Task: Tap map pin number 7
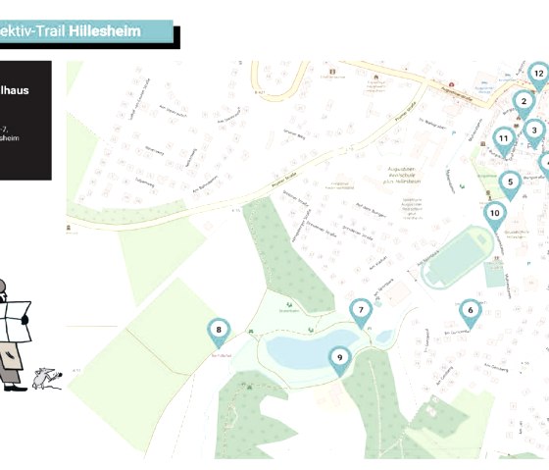[x=361, y=311]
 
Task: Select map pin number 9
[x=339, y=358]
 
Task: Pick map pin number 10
[x=494, y=213]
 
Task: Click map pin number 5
[x=510, y=182]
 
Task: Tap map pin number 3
[x=533, y=130]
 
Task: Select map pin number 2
[x=524, y=101]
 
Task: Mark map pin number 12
[x=537, y=74]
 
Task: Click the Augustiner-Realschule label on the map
[x=399, y=178]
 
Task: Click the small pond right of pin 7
[x=383, y=337]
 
